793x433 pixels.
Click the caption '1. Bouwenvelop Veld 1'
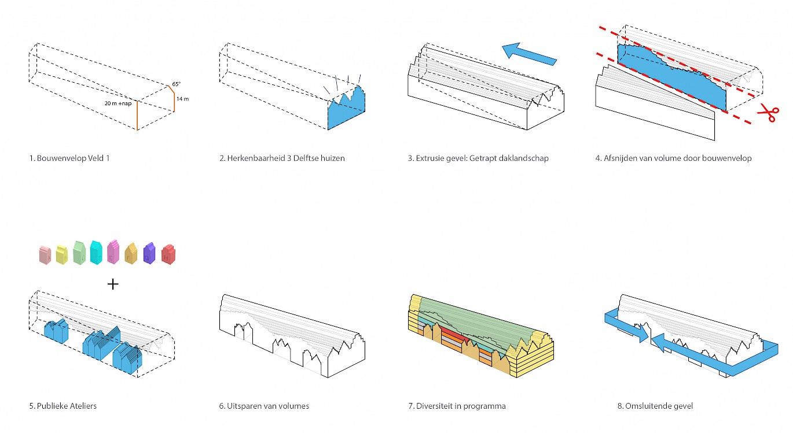tap(69, 158)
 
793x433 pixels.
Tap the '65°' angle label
tap(176, 84)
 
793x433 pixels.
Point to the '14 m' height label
tap(182, 99)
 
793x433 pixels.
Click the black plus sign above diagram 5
tap(113, 284)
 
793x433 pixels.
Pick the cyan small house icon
tap(97, 252)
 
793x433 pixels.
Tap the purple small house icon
tap(149, 253)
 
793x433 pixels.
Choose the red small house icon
tap(168, 254)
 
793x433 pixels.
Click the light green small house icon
tap(80, 253)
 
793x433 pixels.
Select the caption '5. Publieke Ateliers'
tap(63, 406)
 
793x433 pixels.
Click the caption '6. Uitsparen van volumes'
tap(264, 406)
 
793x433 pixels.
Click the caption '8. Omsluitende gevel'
tap(655, 406)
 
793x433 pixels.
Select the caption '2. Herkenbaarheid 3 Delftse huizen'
tap(282, 158)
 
